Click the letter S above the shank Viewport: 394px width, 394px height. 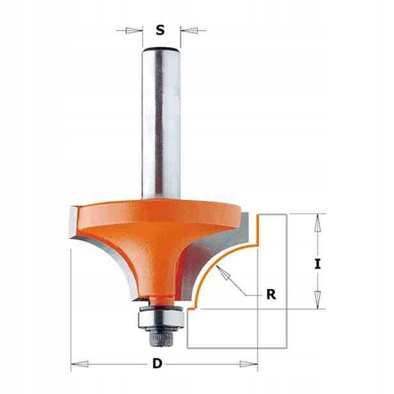(x=160, y=30)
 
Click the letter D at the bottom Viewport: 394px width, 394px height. (x=157, y=363)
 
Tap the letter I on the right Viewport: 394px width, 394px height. (x=318, y=264)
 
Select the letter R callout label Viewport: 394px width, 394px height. (x=271, y=294)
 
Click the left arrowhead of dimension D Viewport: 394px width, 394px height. (x=80, y=363)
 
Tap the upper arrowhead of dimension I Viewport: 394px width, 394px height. (x=318, y=223)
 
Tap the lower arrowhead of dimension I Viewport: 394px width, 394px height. (x=318, y=300)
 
